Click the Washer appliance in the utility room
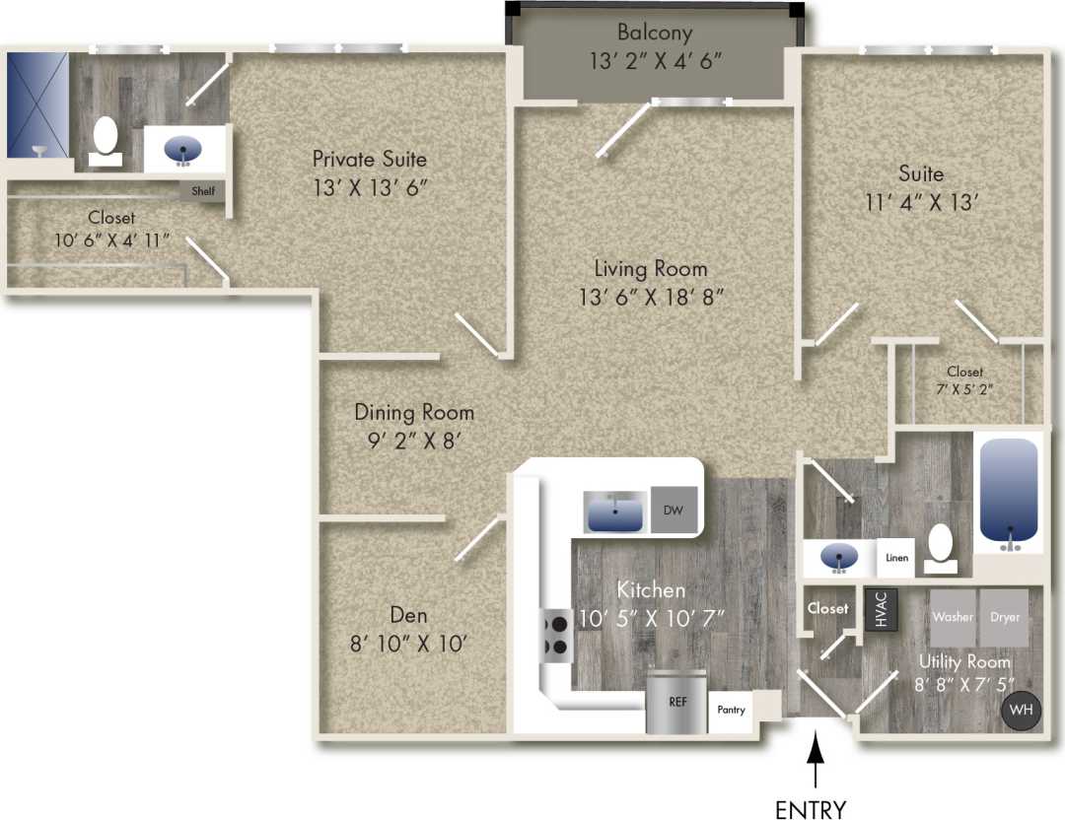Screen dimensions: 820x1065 pos(954,617)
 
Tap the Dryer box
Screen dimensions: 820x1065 pos(1005,617)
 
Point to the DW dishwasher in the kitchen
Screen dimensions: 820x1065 pos(674,511)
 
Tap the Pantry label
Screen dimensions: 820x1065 pos(731,709)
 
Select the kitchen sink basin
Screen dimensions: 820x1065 pos(615,512)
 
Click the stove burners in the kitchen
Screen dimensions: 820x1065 pos(555,636)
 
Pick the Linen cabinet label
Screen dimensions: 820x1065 pos(896,558)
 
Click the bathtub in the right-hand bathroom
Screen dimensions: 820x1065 pos(1009,491)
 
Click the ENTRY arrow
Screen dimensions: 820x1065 pos(815,764)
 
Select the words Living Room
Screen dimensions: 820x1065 pos(651,268)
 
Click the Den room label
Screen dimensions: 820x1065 pos(408,616)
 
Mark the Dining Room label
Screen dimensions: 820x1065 pos(414,412)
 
